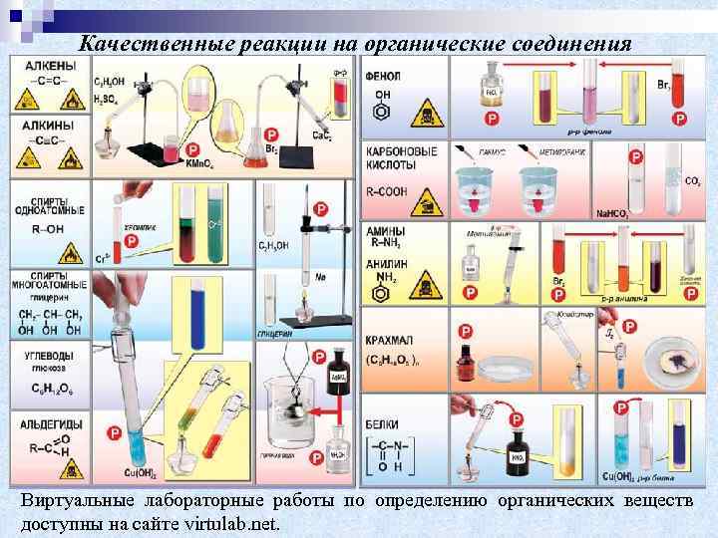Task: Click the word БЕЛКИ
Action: pos(386,424)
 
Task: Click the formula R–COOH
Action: pos(392,186)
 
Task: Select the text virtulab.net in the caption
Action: pos(231,522)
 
